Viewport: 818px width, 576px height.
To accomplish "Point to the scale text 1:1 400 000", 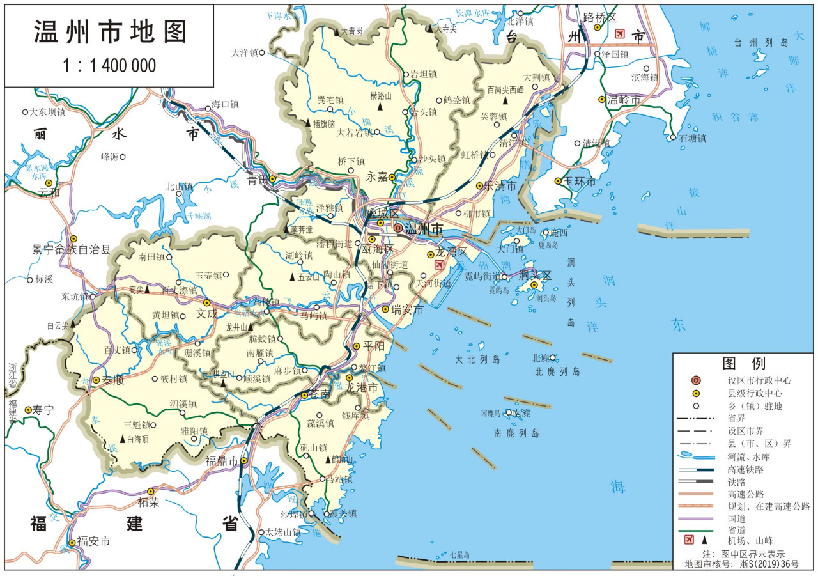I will [109, 66].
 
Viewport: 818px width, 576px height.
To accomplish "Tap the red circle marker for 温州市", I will [398, 228].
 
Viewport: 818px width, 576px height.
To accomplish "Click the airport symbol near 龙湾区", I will [439, 265].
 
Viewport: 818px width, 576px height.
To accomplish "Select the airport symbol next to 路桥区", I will [619, 33].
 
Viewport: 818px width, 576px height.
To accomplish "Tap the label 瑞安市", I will [407, 310].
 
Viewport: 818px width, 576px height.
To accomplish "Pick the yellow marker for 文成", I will [206, 302].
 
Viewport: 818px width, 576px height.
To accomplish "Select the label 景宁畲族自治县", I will [72, 250].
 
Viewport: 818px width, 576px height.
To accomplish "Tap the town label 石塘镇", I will [692, 137].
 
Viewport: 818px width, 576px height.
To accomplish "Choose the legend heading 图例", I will [744, 363].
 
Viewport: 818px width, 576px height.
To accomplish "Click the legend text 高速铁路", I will [746, 469].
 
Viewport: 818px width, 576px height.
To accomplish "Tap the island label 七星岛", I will [459, 554].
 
